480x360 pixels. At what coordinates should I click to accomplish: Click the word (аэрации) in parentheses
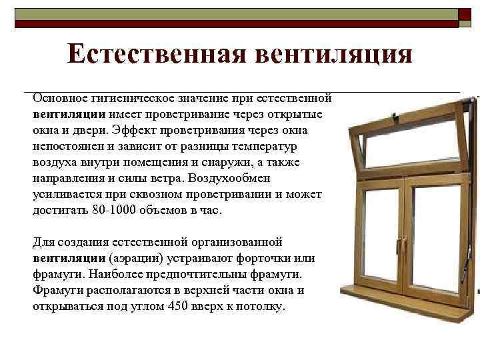pos(133,257)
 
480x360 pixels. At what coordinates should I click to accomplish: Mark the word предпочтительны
pos(203,274)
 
